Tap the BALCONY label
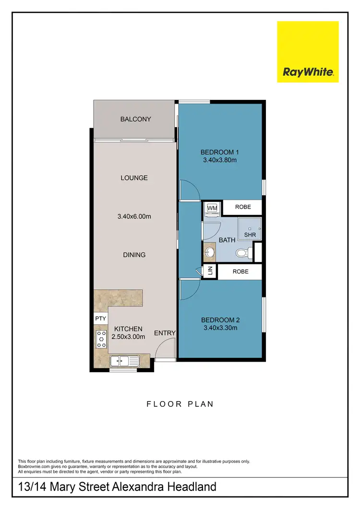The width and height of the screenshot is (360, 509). (135, 119)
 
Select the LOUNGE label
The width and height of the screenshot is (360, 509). (134, 178)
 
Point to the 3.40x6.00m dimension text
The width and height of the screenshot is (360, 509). (134, 216)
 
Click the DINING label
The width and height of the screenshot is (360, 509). (134, 255)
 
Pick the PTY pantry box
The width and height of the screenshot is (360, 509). (100, 319)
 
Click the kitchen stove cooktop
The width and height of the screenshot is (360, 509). (101, 339)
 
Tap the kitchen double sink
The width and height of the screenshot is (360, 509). (124, 361)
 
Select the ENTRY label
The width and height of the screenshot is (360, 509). (165, 333)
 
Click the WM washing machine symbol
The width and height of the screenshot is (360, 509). (212, 208)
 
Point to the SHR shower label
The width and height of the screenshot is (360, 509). (250, 235)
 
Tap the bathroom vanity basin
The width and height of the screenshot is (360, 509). (210, 251)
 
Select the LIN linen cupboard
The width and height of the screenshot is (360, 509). (210, 271)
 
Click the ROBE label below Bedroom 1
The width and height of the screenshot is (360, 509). (243, 207)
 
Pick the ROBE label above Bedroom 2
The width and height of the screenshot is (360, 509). (240, 271)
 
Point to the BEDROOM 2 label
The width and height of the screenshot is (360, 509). (220, 320)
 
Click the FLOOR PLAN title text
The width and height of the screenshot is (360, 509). (180, 404)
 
